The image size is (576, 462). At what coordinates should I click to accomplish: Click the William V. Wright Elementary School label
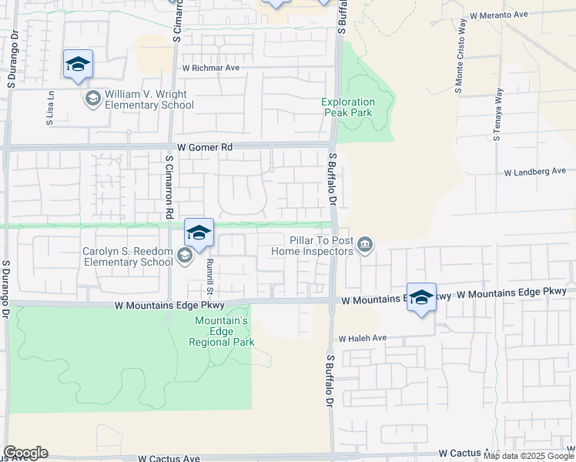tap(146, 99)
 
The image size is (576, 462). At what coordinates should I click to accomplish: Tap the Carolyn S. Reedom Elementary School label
tap(128, 256)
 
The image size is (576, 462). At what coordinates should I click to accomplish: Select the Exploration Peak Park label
tap(349, 107)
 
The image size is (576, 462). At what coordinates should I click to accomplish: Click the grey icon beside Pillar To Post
tap(366, 245)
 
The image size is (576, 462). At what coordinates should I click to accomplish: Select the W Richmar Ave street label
tap(211, 68)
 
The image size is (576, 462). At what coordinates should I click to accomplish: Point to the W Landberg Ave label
tap(535, 172)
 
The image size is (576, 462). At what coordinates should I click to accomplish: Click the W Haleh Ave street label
tap(362, 338)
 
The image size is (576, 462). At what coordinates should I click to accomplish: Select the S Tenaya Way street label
tap(498, 113)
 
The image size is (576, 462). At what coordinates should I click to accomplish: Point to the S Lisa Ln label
tap(50, 107)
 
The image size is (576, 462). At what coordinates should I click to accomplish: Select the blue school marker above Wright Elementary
tap(78, 65)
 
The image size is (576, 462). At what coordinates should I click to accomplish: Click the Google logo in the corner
tap(25, 453)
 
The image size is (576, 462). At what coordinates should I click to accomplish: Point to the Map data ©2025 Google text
tap(528, 456)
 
